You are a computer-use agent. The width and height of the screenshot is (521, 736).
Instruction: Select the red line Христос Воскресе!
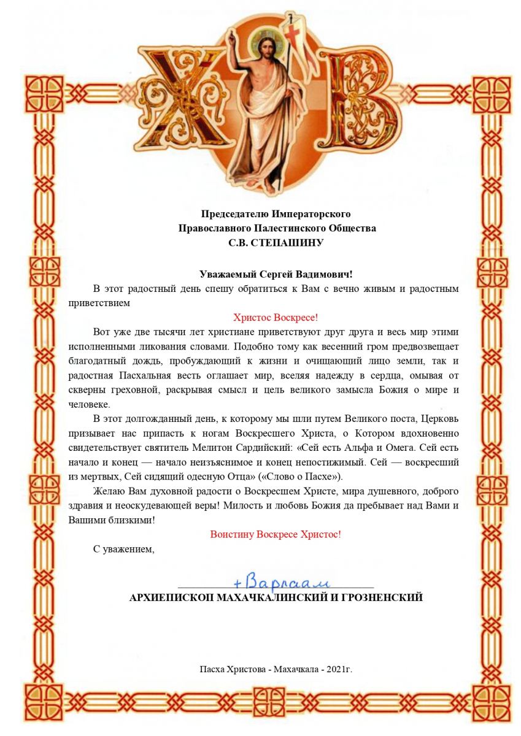coord(276,318)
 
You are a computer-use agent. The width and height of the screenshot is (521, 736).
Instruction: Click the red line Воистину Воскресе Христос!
coord(276,534)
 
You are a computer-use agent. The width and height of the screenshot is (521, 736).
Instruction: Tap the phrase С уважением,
coord(123,549)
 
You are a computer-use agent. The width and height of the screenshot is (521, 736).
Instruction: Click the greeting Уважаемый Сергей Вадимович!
coord(276,274)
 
